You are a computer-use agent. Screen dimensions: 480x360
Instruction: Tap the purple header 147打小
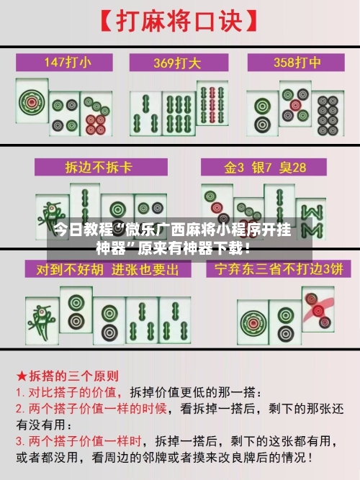pyautogui.click(x=68, y=63)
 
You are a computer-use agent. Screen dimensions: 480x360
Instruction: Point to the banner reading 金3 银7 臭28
pyautogui.click(x=265, y=168)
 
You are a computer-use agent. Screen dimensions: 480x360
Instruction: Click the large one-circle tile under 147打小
pyautogui.click(x=32, y=104)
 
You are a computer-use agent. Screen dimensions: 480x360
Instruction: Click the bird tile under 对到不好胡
pyautogui.click(x=40, y=317)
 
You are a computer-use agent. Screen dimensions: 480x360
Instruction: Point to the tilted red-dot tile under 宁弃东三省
pyautogui.click(x=318, y=309)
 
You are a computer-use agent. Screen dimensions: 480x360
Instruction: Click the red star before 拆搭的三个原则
pyautogui.click(x=22, y=376)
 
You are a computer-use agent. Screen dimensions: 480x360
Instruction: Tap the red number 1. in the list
pyautogui.click(x=21, y=393)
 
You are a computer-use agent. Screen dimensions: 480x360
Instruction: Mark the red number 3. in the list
pyautogui.click(x=21, y=440)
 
